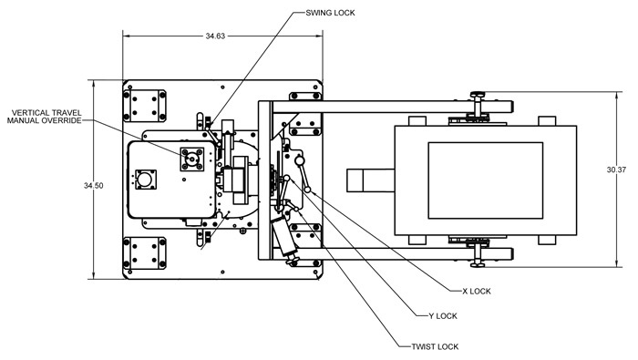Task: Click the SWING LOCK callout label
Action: (x=330, y=13)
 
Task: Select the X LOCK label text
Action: (x=477, y=292)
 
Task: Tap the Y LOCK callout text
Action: (x=443, y=316)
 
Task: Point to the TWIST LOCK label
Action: (x=435, y=347)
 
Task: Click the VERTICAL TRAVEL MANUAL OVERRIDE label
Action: (x=45, y=117)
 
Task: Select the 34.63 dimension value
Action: (x=215, y=36)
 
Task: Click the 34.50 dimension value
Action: (x=94, y=186)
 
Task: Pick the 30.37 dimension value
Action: (x=616, y=170)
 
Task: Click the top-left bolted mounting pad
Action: (x=144, y=106)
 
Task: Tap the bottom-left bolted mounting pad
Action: (x=144, y=253)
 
